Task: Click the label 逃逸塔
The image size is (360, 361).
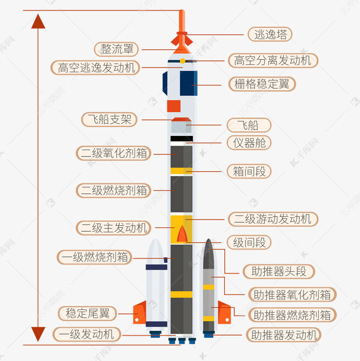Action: coord(270,34)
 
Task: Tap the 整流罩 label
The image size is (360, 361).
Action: coord(116,49)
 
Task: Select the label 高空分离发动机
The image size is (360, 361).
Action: coord(273,61)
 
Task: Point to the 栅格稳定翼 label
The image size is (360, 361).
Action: coord(262,84)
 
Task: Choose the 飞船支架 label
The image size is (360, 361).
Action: coord(110,119)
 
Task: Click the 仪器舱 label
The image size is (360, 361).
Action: coord(249,143)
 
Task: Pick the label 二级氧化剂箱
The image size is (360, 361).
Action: coord(114,153)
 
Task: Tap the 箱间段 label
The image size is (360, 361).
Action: coord(249,171)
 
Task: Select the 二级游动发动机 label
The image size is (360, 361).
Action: coord(273,219)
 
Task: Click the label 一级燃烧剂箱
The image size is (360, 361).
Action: coord(95,257)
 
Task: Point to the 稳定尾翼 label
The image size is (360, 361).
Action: coord(88,313)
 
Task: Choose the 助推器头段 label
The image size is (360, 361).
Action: coord(279,271)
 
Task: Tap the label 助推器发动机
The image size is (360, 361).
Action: coord(284,335)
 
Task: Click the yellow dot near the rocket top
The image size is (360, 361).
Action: coord(183,61)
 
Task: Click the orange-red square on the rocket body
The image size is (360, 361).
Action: coord(174,106)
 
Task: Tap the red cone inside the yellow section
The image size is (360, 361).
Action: coord(182,234)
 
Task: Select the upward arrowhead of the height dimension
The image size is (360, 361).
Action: coord(38,21)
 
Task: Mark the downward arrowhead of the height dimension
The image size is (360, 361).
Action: coord(38,334)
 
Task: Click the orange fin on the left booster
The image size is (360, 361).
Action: coord(140,312)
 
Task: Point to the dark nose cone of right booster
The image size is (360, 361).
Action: coord(208,254)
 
